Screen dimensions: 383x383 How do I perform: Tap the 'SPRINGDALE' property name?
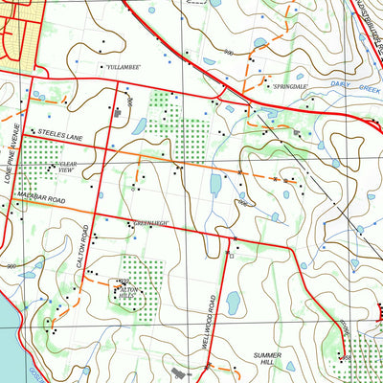coord(289,86)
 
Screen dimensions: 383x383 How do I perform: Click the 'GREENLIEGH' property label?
coord(150,223)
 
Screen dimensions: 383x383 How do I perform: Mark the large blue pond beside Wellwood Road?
coord(233,304)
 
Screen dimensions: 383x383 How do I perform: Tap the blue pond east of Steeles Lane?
coord(139,125)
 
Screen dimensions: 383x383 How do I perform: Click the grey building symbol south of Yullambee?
coord(117,112)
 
